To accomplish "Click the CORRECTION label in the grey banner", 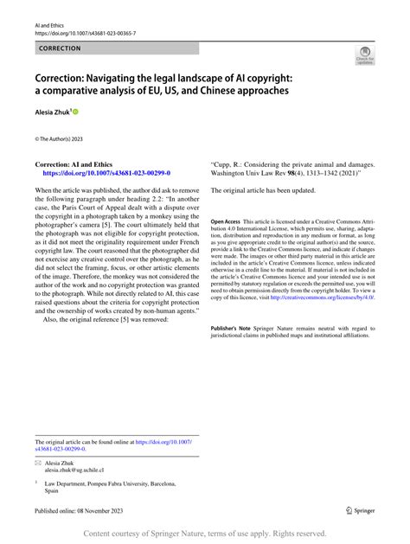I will coord(61,48).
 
